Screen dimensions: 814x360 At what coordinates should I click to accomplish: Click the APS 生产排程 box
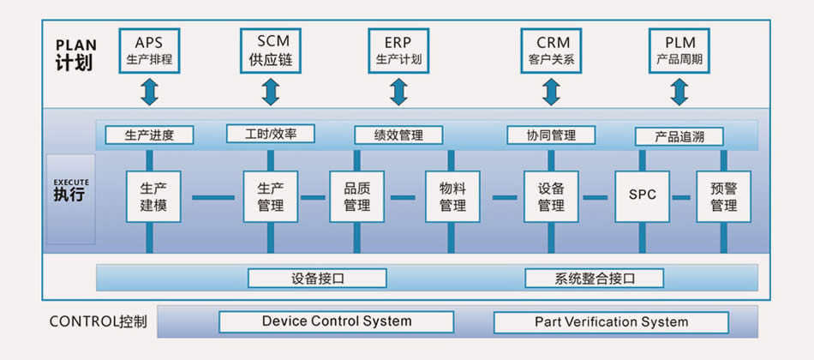click(x=149, y=51)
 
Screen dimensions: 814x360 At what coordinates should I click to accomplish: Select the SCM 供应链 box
click(x=271, y=51)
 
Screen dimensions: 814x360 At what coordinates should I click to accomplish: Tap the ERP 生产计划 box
click(x=398, y=51)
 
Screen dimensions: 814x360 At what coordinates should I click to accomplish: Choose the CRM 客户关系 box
click(x=551, y=51)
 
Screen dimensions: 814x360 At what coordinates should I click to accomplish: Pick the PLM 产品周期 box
click(x=679, y=51)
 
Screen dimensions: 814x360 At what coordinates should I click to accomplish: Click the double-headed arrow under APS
click(x=149, y=92)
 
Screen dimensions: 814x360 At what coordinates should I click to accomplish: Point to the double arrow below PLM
click(x=679, y=92)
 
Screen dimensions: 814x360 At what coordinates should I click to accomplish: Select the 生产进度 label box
click(x=149, y=135)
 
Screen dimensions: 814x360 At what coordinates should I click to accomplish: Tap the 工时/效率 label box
click(x=271, y=134)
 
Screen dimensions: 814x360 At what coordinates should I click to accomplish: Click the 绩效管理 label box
click(x=398, y=135)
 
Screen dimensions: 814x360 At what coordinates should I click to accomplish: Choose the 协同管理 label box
click(x=551, y=135)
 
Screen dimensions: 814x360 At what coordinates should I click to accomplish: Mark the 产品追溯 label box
click(x=679, y=136)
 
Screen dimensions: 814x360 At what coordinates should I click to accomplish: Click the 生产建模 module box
click(x=153, y=197)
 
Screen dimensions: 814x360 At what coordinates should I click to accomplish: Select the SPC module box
click(x=642, y=197)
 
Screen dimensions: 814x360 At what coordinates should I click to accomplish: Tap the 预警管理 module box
click(x=724, y=197)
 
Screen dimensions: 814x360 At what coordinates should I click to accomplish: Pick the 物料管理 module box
click(x=452, y=197)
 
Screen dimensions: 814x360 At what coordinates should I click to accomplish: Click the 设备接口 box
click(x=317, y=278)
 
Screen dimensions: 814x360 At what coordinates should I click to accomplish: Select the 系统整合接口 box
click(x=595, y=278)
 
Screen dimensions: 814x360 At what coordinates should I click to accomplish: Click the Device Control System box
click(x=337, y=322)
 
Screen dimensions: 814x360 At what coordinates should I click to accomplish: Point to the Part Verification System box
click(x=611, y=322)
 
